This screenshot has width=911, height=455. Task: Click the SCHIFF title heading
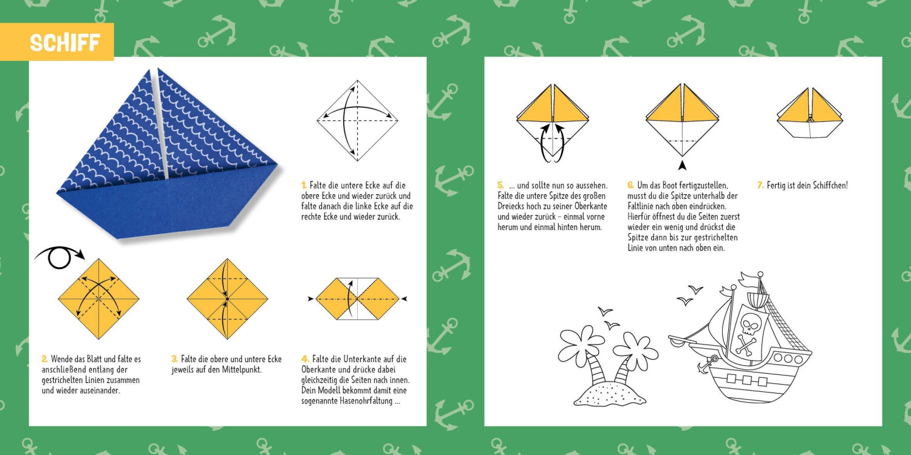65,42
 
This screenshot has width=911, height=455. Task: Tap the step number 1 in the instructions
304,185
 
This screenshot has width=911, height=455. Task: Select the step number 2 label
44,359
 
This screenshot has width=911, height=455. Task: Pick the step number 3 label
174,359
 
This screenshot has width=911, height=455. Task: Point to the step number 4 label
305,359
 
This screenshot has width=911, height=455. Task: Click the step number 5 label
500,185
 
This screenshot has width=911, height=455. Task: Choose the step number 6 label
630,185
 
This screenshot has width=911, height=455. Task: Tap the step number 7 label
760,185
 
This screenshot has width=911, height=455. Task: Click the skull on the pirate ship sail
751,325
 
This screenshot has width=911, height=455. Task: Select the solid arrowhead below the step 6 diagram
683,166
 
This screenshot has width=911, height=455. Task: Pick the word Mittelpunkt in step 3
241,369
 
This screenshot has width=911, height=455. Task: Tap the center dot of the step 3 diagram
227,299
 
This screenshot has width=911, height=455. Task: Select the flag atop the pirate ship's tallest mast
749,279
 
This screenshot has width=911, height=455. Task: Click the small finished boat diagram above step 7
810,114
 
